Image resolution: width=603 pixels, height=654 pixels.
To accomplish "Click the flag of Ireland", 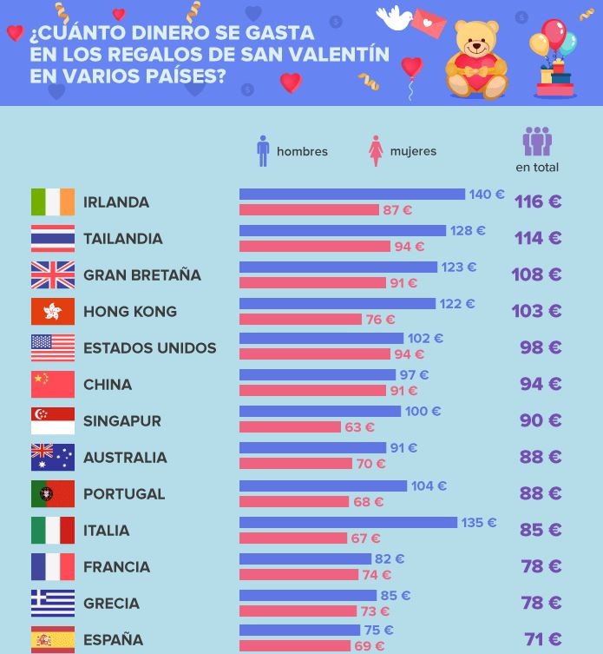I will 53,202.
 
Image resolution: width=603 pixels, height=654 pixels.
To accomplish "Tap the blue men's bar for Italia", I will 348,523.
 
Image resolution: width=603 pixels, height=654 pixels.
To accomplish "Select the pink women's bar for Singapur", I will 290,427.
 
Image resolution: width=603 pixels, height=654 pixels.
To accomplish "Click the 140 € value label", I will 486,195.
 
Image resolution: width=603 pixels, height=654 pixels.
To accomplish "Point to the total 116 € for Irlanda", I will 538,201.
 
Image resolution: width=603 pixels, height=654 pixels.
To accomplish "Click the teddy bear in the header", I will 476,58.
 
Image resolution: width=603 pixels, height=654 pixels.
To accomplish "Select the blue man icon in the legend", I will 263,150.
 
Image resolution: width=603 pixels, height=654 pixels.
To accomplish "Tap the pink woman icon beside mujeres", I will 376,150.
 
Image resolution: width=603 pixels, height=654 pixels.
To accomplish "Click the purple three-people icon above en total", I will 537,141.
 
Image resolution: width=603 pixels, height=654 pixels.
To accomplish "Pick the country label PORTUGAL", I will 124,494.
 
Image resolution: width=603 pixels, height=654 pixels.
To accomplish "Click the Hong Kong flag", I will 53,312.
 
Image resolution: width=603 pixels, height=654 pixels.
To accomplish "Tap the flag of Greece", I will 53,604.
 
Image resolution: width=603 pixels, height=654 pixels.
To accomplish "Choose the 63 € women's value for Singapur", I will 359,427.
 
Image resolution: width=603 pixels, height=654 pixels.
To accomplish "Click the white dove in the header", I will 394,18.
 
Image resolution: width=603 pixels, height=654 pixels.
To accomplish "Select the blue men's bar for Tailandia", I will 343,231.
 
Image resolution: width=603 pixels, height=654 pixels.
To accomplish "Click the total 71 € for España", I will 542,640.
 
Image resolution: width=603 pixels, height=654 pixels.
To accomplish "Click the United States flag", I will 53,348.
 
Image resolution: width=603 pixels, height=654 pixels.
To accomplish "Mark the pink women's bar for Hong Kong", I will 300,320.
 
